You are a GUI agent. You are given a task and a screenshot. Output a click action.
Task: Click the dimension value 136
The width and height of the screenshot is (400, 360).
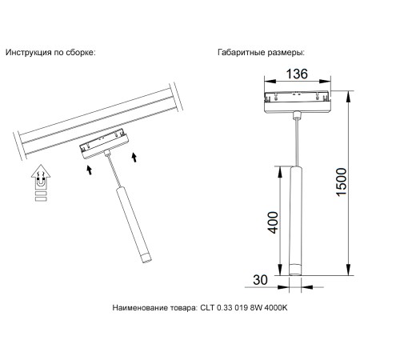298,75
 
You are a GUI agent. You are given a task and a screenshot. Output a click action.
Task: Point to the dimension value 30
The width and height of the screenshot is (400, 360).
259,280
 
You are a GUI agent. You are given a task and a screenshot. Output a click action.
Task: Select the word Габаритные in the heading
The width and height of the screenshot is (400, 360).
242,52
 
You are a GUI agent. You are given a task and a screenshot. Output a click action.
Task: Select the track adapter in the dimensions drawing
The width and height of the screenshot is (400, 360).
297,102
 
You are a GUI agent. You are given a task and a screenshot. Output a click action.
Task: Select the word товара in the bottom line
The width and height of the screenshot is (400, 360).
178,307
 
